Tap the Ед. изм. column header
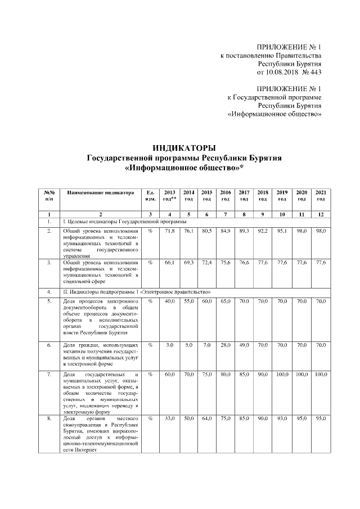click(x=150, y=196)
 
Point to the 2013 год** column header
click(x=169, y=196)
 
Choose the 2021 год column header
click(x=321, y=196)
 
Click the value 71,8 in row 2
click(x=169, y=231)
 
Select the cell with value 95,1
click(x=282, y=231)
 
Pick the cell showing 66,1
click(x=169, y=263)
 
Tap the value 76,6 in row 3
click(x=244, y=263)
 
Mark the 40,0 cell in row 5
click(x=169, y=302)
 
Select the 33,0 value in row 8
click(x=169, y=419)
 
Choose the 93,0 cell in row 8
click(x=282, y=419)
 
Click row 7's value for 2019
click(x=282, y=374)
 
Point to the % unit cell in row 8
click(x=150, y=419)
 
